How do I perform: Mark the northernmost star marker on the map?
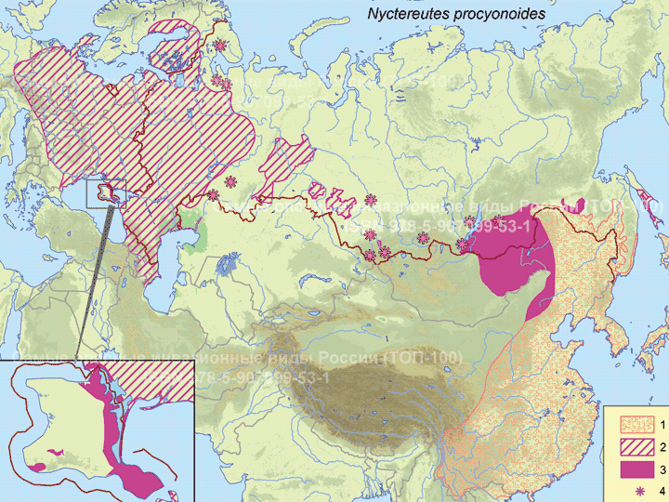220,45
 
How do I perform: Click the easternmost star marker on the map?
499,219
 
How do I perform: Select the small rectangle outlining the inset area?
100,193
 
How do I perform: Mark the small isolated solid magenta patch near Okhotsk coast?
581,204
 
